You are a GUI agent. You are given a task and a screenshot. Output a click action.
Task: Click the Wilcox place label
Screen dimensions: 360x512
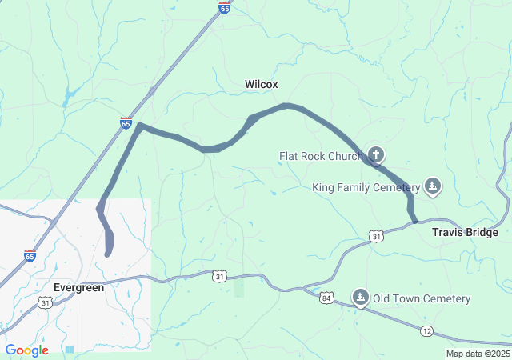coord(261,83)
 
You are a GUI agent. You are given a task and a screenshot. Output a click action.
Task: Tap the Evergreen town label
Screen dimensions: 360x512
coord(78,287)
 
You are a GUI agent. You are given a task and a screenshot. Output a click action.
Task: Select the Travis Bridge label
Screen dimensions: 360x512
coord(465,233)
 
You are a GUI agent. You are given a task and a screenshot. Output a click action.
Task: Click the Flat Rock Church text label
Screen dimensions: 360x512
coord(321,156)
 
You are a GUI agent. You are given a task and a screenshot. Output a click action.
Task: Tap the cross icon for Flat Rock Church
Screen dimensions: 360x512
coord(375,155)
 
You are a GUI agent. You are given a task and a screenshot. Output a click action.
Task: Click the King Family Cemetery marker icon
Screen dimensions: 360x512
coord(433,186)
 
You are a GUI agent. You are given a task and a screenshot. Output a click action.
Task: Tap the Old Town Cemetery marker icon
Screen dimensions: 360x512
coord(361,298)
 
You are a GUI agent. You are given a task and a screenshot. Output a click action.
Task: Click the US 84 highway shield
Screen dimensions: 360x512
coord(326,298)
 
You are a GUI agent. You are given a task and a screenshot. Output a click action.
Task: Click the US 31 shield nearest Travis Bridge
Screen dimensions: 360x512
coord(376,235)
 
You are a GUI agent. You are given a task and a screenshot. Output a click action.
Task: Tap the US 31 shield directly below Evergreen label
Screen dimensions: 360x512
coord(46,302)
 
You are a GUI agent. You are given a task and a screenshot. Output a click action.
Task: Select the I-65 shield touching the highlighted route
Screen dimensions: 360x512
coord(126,122)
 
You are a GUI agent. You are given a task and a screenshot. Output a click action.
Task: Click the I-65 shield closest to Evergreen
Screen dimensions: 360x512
coord(30,256)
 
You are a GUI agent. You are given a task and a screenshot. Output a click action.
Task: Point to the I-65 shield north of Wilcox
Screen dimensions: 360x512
coord(224,8)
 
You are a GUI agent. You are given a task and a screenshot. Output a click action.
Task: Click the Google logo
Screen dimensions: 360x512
coord(26,350)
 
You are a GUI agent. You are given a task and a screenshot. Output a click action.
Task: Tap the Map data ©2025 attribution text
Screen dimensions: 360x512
coord(477,354)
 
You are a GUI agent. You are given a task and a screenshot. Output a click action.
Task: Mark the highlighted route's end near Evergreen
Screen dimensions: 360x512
coord(107,254)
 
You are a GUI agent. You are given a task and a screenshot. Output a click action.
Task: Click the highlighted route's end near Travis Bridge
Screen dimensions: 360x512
coord(414,222)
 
